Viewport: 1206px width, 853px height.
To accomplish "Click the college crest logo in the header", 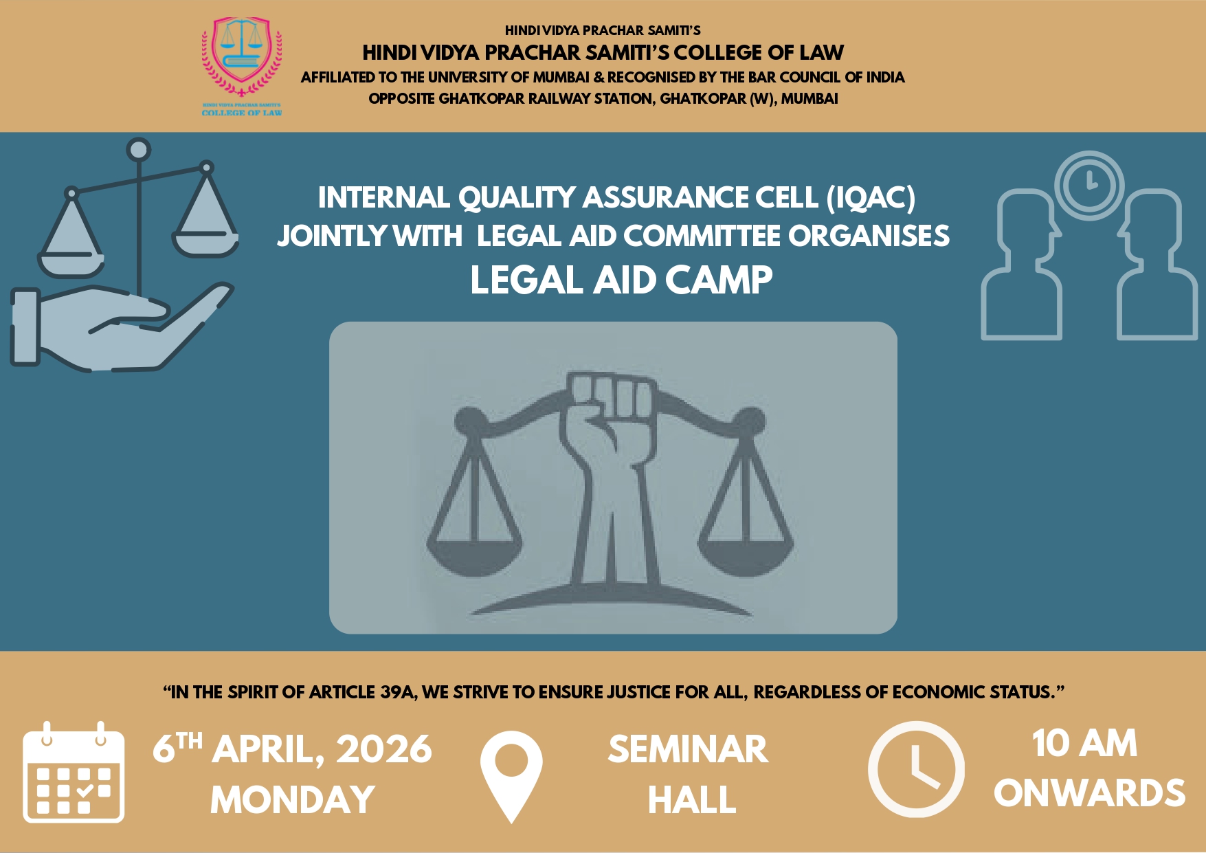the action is [242, 67].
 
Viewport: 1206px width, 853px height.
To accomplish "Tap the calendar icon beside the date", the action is [74, 772].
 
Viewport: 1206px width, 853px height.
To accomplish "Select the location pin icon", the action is [511, 776].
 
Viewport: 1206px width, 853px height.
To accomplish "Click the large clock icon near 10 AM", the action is [916, 769].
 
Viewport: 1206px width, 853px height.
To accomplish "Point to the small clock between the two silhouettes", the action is [1089, 185].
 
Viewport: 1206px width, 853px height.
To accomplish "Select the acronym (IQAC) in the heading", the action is [871, 198].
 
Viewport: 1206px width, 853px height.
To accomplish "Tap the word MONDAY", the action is [293, 800].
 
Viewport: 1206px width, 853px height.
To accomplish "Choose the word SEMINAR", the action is [688, 749].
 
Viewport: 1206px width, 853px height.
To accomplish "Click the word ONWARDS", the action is [1090, 793].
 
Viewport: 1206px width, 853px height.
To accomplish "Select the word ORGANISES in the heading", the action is [869, 236].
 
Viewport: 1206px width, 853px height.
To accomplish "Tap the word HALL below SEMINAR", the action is [692, 800].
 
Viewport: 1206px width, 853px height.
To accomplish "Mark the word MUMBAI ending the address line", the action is [809, 99].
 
